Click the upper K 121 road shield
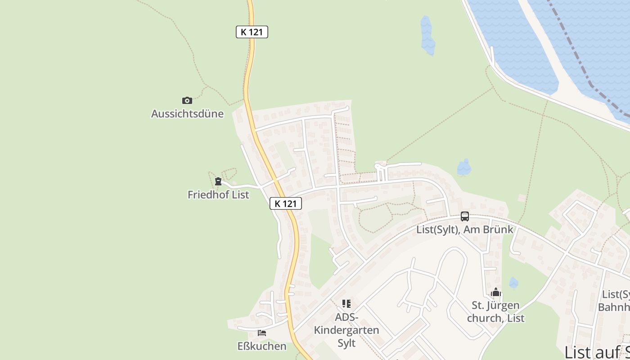(252, 32)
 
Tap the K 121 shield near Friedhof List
(286, 203)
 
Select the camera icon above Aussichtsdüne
(187, 100)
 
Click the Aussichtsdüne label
(187, 113)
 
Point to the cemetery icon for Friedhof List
(218, 181)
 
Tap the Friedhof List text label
(218, 195)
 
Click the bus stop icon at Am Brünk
(465, 216)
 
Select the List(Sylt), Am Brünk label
(465, 229)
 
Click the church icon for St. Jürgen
(496, 292)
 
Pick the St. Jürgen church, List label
(496, 312)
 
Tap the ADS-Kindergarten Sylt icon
(346, 304)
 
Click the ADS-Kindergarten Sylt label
(346, 330)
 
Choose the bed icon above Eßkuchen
(262, 333)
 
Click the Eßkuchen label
(262, 346)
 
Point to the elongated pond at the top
(427, 35)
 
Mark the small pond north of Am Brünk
(464, 168)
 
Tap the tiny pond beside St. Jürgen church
(513, 283)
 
